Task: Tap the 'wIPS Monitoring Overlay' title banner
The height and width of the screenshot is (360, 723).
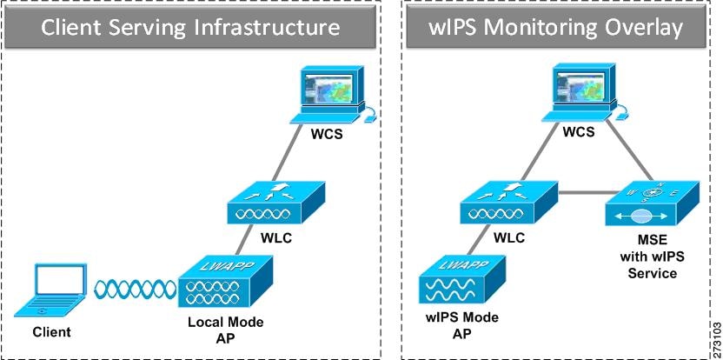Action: pyautogui.click(x=557, y=28)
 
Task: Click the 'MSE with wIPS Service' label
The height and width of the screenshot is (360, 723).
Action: pyautogui.click(x=649, y=257)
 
